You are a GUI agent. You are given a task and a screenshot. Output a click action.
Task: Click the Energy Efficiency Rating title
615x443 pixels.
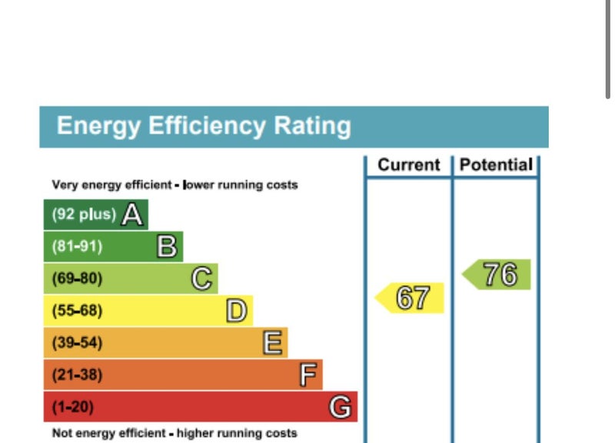tap(204, 126)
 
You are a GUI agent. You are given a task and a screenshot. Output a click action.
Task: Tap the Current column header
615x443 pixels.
tap(409, 165)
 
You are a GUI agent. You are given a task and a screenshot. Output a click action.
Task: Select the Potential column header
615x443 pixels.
tap(496, 165)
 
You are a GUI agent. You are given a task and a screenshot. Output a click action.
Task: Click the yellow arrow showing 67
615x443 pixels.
tap(411, 298)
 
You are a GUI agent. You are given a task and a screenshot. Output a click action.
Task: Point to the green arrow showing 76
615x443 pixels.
tap(497, 274)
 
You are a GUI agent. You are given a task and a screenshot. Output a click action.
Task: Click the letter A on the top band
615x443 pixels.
tap(132, 215)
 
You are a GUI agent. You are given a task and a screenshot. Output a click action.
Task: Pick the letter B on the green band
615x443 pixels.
tap(167, 247)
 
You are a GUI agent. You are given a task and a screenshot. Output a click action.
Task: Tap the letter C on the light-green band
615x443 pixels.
tap(201, 279)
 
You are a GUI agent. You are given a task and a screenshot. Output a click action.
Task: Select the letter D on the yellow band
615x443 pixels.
tap(237, 311)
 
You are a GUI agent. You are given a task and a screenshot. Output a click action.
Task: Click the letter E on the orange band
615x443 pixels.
tap(271, 343)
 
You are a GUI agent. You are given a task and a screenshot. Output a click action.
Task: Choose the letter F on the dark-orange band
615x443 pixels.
tap(307, 375)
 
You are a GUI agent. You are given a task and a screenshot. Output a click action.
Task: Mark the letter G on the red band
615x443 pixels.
tap(341, 407)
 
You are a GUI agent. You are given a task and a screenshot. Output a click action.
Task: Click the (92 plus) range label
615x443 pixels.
tap(84, 215)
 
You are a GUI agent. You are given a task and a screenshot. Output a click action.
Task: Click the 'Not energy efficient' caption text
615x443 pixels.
tap(174, 434)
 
